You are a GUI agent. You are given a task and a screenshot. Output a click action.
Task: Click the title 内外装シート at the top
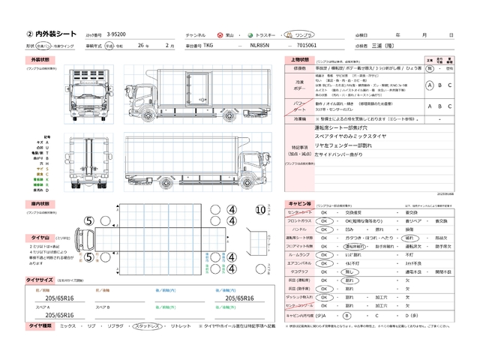[50, 34]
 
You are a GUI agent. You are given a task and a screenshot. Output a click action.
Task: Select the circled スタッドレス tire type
[148, 326]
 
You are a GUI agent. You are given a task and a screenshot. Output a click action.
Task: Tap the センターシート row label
[300, 213]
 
